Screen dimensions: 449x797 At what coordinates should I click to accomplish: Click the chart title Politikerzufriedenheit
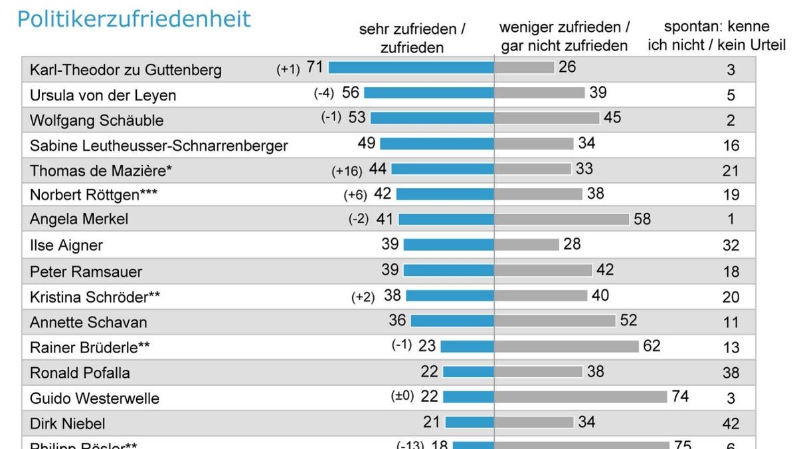[134, 19]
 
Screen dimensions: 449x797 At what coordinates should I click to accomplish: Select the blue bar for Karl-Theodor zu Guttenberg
[410, 67]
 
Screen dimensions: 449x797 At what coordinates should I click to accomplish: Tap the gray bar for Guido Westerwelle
[580, 397]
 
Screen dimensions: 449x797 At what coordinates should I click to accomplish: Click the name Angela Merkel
[79, 220]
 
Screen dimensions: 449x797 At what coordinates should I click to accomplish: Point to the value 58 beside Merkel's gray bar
[642, 219]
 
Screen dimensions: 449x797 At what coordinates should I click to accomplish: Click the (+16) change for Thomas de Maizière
[347, 171]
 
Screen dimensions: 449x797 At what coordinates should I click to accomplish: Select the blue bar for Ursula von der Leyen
[428, 93]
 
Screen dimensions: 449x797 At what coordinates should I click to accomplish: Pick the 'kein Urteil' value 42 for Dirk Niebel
[731, 424]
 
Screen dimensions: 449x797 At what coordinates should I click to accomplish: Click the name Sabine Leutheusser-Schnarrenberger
[159, 145]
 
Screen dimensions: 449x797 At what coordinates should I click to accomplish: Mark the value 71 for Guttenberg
[314, 67]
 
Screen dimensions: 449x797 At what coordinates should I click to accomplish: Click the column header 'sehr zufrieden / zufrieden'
[412, 38]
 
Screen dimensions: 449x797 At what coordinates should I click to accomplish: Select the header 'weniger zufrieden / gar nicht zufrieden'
[565, 37]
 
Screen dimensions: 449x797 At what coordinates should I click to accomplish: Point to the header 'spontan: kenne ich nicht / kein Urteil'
[717, 37]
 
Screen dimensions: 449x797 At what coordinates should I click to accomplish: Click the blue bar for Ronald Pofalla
[468, 372]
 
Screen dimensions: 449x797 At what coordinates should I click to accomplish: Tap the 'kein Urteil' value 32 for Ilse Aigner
[731, 245]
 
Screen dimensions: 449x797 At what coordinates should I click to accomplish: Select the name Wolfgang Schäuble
[97, 121]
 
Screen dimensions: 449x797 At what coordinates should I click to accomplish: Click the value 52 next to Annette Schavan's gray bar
[628, 321]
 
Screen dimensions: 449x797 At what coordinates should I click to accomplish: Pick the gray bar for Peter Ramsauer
[543, 270]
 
